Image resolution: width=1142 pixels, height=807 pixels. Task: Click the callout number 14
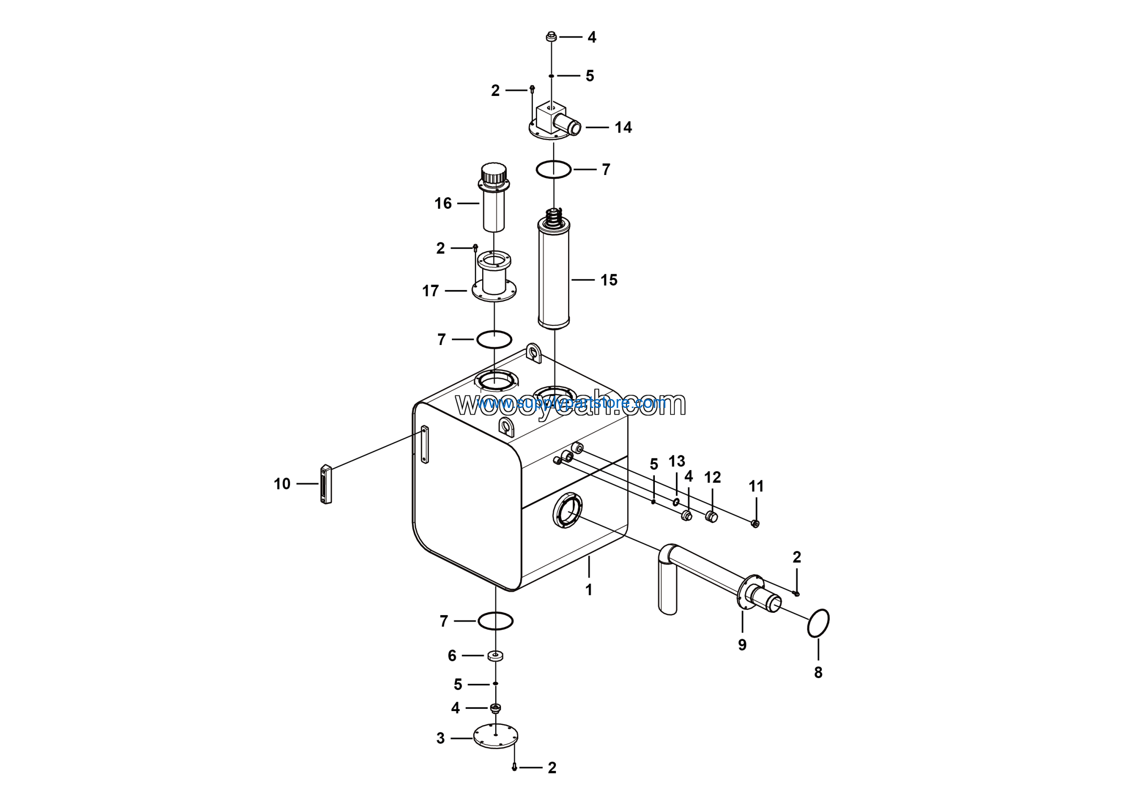pos(623,127)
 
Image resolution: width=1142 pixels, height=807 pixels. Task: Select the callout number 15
pos(609,280)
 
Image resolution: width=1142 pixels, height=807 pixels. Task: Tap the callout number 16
pos(443,203)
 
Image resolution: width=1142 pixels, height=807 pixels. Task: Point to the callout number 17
pos(430,291)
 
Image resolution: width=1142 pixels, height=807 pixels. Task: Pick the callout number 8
pos(818,673)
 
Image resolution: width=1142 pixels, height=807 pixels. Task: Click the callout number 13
pos(676,461)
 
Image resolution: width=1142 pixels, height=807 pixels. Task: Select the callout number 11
pos(756,487)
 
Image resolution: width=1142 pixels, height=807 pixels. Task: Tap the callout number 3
pos(440,738)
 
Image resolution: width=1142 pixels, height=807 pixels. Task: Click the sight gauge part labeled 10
pos(326,484)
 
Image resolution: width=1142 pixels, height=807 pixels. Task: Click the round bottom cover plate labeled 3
pos(496,736)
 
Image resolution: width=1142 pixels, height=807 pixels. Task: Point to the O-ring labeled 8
pos(818,623)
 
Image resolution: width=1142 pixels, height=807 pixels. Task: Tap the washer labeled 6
pos(496,656)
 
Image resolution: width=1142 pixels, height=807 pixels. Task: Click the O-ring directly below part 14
pos(553,170)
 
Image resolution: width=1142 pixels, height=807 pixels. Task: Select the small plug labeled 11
pos(755,524)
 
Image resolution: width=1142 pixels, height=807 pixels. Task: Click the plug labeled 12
pos(711,517)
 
